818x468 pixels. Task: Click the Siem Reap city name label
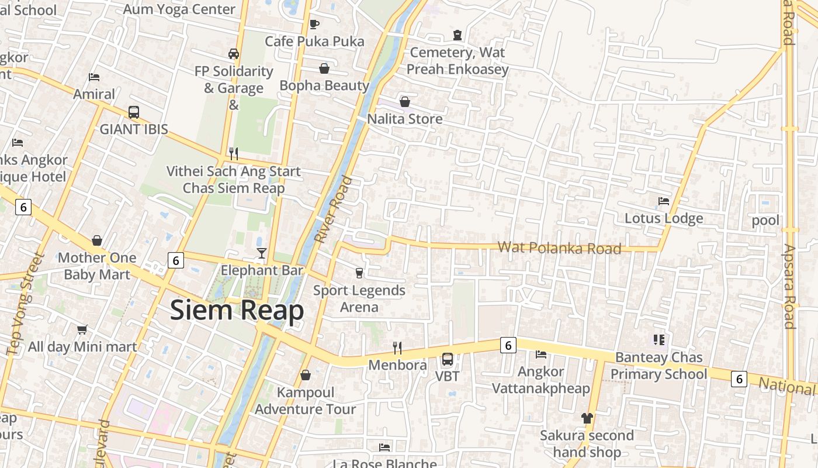coord(237,311)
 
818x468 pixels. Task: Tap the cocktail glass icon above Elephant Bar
coord(261,253)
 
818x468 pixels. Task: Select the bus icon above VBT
coord(448,359)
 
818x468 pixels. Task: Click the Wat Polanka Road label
coord(559,248)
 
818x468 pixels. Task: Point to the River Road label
coord(334,209)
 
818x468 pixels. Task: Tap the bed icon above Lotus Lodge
coord(664,201)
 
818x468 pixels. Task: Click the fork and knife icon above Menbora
coord(397,348)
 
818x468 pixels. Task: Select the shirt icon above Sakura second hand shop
coord(587,418)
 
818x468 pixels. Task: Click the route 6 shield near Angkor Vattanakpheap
coord(508,346)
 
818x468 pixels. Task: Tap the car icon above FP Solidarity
coord(234,54)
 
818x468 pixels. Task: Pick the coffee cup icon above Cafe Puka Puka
coord(314,24)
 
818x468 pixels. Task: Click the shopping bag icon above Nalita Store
coord(404,102)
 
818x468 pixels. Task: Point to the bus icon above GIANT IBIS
coord(134,112)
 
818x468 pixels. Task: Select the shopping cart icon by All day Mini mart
coord(82,330)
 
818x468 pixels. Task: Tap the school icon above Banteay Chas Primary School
coord(659,340)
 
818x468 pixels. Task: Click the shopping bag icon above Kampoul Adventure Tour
coord(305,375)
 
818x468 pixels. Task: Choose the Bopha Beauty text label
coord(324,85)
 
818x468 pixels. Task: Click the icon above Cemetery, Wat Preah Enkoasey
coord(457,35)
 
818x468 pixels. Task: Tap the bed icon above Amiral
coord(94,77)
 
